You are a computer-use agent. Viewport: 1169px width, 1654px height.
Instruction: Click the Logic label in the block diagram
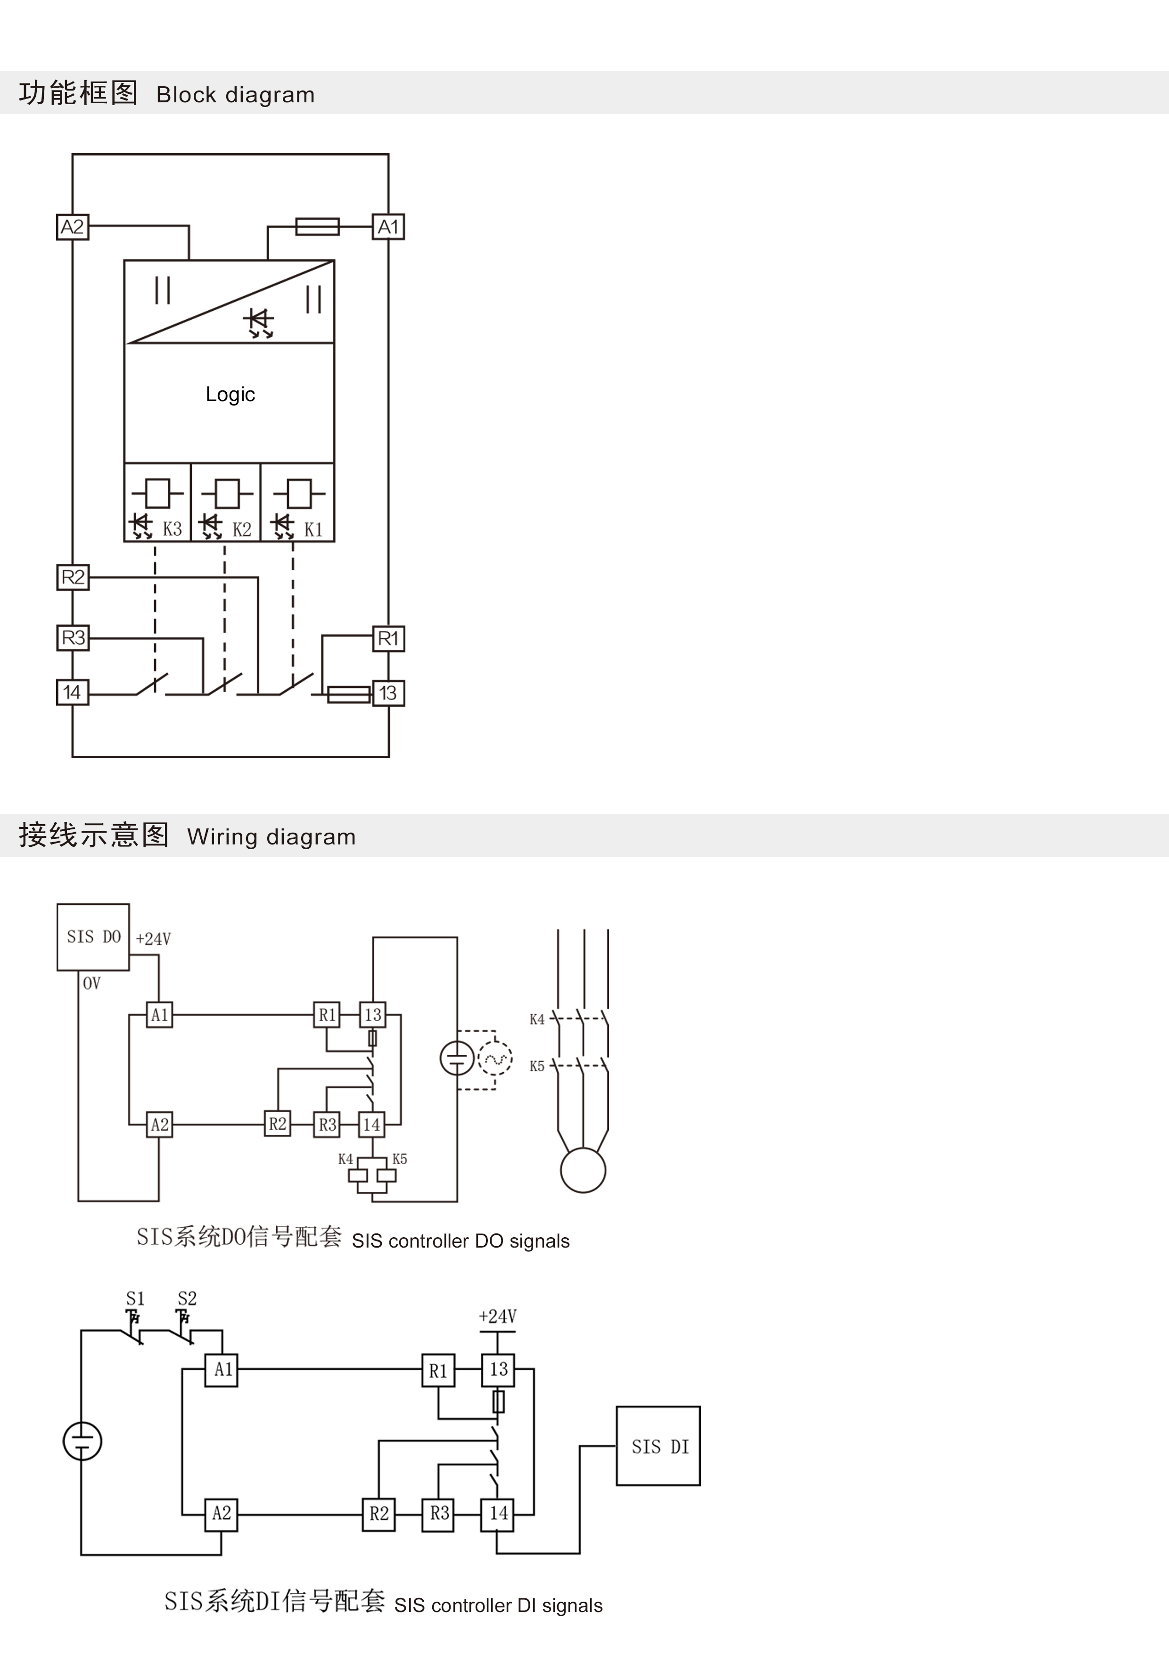click(230, 394)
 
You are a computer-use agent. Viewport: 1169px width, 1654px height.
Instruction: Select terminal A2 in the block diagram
click(73, 227)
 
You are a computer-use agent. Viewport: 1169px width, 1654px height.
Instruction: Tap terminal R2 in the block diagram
click(73, 577)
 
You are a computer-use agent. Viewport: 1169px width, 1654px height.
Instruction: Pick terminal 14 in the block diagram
click(73, 692)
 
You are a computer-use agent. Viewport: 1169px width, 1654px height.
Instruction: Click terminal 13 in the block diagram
click(388, 693)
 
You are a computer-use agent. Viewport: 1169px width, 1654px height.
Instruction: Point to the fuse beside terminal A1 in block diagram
click(318, 227)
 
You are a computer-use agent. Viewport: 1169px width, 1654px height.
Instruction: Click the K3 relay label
click(172, 529)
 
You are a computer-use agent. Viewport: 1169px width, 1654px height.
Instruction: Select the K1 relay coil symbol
click(300, 494)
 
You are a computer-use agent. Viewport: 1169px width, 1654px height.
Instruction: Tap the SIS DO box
click(93, 936)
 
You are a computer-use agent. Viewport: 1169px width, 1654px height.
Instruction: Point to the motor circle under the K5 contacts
click(583, 1170)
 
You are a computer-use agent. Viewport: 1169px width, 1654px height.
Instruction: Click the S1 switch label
click(135, 1298)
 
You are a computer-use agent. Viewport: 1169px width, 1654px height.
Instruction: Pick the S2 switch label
click(187, 1298)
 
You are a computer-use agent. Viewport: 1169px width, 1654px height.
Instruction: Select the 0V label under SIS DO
click(91, 984)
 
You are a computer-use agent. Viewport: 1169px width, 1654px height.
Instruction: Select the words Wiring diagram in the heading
click(271, 837)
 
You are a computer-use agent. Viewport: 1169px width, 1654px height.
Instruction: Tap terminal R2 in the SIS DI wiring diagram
click(379, 1513)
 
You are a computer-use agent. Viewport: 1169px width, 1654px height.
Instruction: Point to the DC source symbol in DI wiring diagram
click(82, 1441)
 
